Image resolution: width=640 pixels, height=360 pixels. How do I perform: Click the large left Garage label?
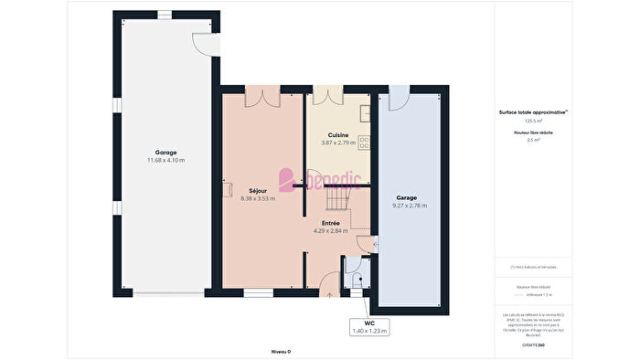[x=165, y=153]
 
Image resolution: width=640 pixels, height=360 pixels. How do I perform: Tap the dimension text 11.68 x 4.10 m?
[x=165, y=160]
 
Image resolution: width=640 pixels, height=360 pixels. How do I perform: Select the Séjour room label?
[x=258, y=191]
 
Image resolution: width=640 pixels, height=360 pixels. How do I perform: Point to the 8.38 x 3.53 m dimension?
[x=258, y=198]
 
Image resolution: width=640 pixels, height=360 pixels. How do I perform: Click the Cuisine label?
[x=338, y=135]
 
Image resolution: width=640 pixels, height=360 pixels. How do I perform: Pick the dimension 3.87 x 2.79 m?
[x=338, y=143]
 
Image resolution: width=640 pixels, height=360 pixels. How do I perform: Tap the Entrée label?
[x=330, y=223]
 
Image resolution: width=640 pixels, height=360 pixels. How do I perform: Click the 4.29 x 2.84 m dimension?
[x=330, y=230]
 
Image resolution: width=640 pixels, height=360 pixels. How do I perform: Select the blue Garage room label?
[x=408, y=197]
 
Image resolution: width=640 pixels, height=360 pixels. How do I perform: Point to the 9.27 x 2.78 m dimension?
[x=408, y=205]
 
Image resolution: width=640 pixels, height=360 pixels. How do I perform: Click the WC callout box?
[x=370, y=326]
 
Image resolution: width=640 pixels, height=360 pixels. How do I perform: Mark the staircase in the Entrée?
[x=340, y=196]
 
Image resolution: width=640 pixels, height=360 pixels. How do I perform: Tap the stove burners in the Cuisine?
[x=365, y=143]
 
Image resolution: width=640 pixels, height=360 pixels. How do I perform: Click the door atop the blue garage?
[x=400, y=97]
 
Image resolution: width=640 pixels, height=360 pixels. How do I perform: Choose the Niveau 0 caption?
[x=281, y=351]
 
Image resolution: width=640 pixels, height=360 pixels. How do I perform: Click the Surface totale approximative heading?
[x=533, y=112]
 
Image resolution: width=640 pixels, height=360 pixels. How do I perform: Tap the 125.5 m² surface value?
[x=533, y=121]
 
